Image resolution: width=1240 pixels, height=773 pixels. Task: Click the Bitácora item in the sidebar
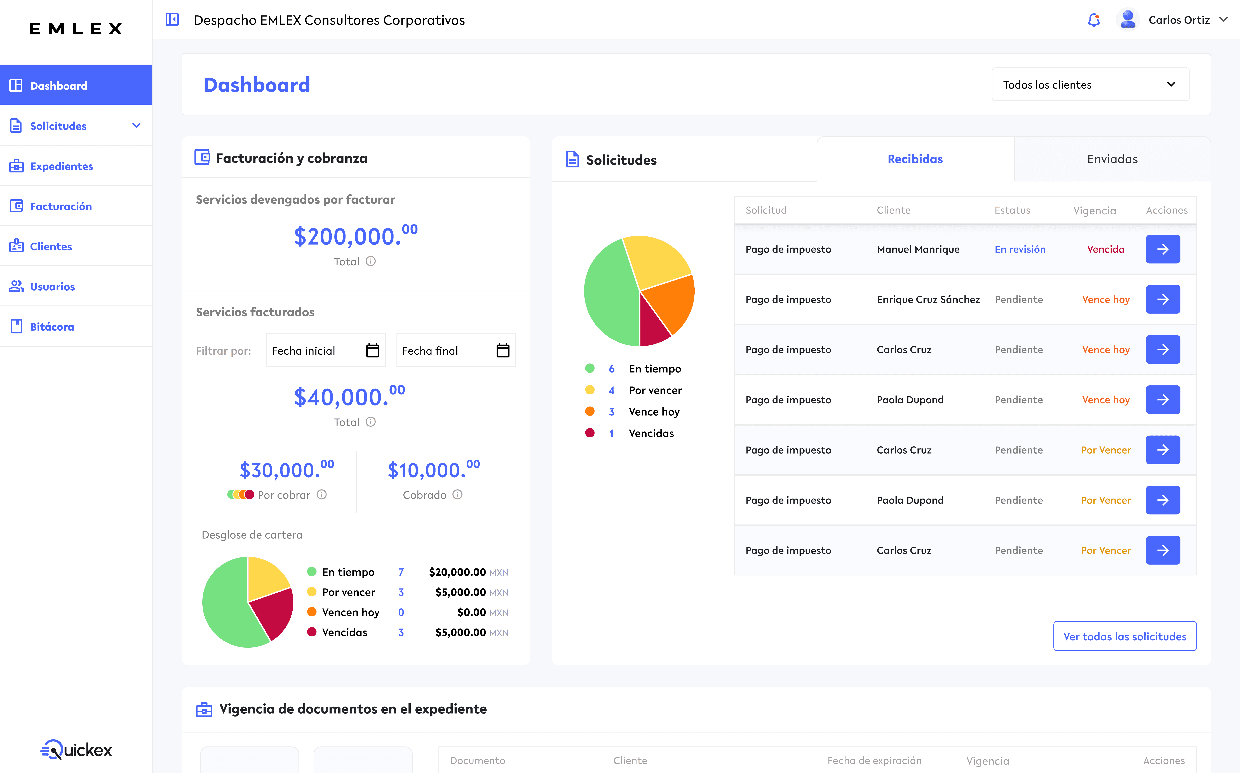tap(52, 327)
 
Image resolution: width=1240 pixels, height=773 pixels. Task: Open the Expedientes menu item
tap(61, 166)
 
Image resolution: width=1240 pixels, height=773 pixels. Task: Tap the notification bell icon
tap(1093, 20)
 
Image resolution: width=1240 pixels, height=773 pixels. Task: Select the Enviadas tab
tap(1112, 159)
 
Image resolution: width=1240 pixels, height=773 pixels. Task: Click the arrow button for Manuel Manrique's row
tap(1162, 249)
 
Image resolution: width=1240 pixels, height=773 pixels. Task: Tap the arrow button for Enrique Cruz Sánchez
tap(1162, 299)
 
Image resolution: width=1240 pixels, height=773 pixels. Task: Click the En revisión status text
tap(1020, 249)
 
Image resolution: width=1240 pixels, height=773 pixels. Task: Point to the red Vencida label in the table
tap(1105, 249)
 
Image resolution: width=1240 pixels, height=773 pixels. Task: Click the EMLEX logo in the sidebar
tap(76, 29)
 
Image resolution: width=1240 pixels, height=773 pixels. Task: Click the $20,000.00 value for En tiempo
tap(457, 572)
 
